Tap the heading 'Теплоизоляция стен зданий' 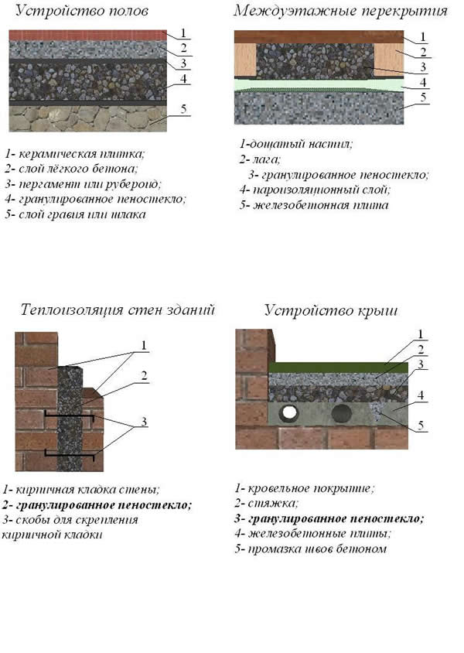(x=117, y=310)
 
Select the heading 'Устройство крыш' (x=331, y=310)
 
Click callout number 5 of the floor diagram (x=183, y=109)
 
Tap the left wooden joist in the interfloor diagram (x=245, y=60)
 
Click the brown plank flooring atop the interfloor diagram (x=317, y=36)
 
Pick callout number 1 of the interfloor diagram (x=423, y=36)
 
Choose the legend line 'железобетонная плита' (x=313, y=205)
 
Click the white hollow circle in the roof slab (x=291, y=413)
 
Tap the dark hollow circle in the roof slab (x=341, y=413)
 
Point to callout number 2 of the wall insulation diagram (x=143, y=376)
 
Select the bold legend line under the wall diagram (x=97, y=504)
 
